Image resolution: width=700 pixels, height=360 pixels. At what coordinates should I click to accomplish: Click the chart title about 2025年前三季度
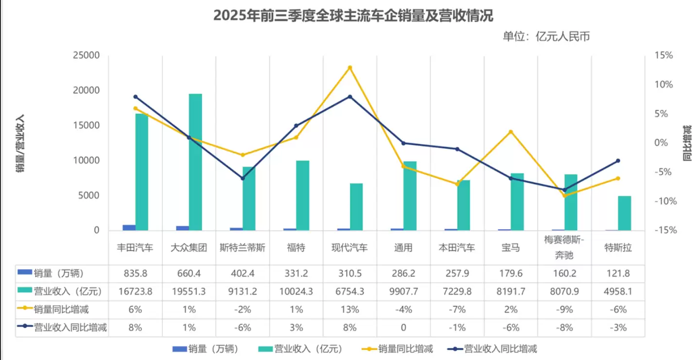click(353, 16)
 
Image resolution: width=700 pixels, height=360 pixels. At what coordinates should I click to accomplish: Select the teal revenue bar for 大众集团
click(195, 162)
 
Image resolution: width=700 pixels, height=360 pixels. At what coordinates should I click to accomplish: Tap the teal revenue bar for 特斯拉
click(625, 213)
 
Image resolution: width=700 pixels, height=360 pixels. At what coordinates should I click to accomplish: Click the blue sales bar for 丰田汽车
click(129, 227)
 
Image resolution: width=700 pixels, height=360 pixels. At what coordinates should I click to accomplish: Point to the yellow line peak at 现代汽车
click(350, 68)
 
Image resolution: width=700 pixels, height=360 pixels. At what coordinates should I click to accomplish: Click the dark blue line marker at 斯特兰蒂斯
click(243, 178)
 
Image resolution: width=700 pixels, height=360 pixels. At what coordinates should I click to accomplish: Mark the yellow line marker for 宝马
click(510, 132)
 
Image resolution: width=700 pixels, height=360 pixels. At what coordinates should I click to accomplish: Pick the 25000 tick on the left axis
click(87, 55)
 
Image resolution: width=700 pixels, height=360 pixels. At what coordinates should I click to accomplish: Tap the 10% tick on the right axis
click(663, 85)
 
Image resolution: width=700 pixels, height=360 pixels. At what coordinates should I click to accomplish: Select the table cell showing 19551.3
click(189, 291)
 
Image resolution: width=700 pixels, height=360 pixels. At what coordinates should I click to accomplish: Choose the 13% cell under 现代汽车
click(349, 309)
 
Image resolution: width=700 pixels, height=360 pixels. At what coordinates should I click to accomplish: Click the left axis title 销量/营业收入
click(20, 143)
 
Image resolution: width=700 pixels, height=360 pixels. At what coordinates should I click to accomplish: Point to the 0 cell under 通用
click(403, 327)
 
